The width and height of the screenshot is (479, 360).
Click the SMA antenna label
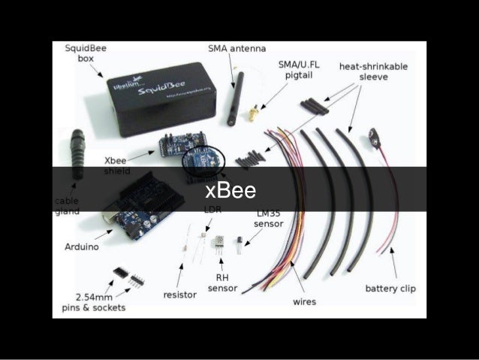tap(236, 49)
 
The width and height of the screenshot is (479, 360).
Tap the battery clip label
tap(390, 288)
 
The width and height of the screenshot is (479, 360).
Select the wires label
tap(304, 301)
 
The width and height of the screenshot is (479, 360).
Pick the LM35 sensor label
tap(269, 219)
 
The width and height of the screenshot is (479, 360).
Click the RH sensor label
tap(222, 282)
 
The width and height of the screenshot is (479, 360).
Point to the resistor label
tap(180, 295)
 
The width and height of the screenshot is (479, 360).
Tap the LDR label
tap(213, 210)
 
